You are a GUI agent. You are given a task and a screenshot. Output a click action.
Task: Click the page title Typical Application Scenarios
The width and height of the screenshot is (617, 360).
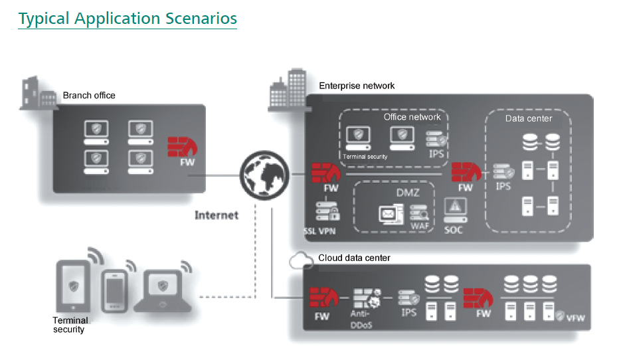[128, 19]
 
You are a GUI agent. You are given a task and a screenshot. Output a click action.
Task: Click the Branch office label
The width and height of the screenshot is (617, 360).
[89, 96]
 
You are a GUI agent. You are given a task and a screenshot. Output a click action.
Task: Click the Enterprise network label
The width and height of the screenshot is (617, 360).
[357, 86]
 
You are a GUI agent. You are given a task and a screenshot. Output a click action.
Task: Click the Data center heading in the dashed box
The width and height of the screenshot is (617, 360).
[529, 119]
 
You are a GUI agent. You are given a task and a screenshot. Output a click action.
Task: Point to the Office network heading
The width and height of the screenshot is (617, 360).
[412, 117]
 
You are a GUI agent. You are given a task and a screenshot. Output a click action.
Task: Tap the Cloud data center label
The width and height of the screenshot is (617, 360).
[354, 258]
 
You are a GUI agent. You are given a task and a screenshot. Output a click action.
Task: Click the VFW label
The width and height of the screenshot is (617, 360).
[575, 318]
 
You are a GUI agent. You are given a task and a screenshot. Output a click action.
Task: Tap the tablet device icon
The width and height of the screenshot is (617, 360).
[75, 286]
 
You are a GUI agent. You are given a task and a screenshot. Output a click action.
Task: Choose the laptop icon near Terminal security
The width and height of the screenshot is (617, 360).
[163, 291]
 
